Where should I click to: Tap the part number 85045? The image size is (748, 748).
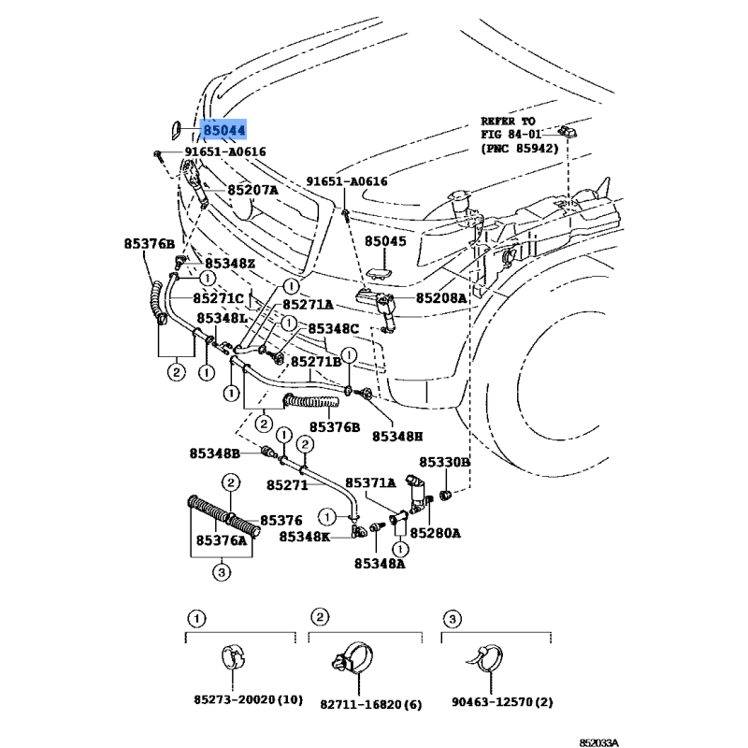(386, 240)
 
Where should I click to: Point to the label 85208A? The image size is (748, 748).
(441, 298)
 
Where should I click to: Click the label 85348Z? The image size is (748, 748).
(230, 264)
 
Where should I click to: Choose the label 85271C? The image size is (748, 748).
(219, 298)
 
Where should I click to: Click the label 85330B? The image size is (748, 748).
(444, 463)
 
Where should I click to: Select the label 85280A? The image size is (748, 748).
(436, 533)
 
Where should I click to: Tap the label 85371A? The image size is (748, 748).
(373, 482)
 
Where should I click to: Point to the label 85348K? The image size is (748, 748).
(305, 537)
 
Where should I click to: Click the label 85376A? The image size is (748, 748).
(222, 539)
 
